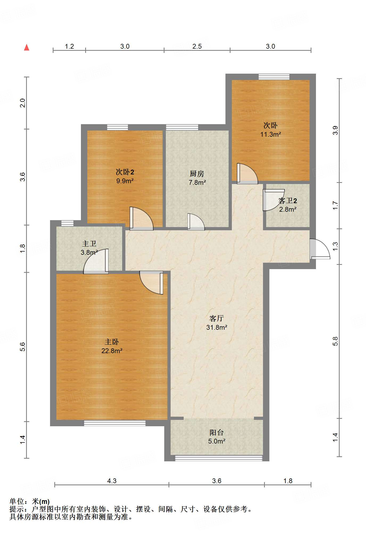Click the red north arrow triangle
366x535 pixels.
(27, 48)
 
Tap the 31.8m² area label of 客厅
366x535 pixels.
(217, 327)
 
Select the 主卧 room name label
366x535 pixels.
(112, 342)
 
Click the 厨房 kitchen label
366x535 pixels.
(197, 174)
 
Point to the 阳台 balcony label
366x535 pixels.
(216, 433)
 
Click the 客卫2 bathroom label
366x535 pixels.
(287, 201)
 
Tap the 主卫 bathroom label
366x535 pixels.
(89, 244)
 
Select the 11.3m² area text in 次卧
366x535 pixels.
(270, 134)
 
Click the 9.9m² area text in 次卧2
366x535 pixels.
(125, 181)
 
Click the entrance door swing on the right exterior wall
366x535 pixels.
(320, 249)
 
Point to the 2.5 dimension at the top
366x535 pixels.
(197, 47)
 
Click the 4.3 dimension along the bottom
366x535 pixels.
(112, 481)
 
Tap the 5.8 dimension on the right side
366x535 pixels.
(335, 341)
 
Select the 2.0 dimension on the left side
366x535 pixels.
(23, 103)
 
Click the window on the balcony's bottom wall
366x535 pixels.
(218, 458)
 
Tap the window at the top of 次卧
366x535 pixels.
(274, 77)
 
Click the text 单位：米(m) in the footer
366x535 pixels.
(30, 501)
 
